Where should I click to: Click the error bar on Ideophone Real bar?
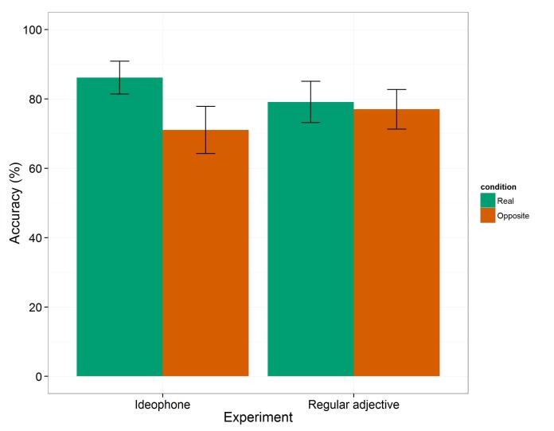(x=119, y=77)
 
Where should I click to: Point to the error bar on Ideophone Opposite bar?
(x=205, y=130)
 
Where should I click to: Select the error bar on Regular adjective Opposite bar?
(x=396, y=109)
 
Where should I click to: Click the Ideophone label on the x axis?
(x=162, y=405)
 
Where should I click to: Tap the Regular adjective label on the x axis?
(x=353, y=405)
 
